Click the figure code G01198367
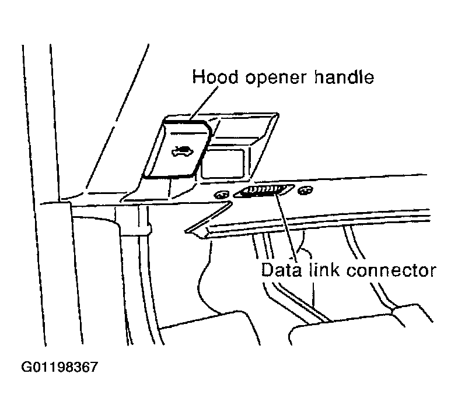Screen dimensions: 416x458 (x=60, y=368)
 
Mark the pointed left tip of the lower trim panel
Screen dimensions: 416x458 (x=188, y=230)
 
